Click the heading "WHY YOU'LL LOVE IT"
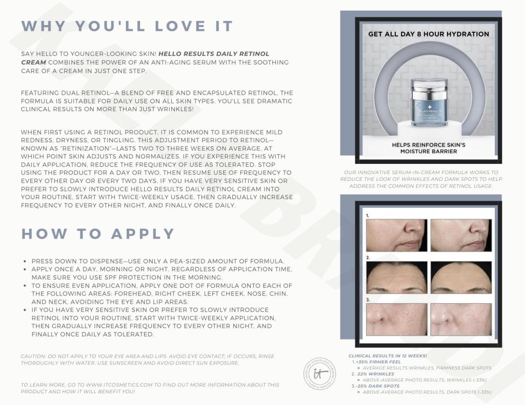pyautogui.click(x=127, y=26)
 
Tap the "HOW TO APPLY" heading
pyautogui.click(x=98, y=234)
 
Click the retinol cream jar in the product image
pyautogui.click(x=430, y=102)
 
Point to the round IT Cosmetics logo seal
pyautogui.click(x=320, y=374)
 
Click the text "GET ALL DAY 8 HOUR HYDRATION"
pyautogui.click(x=429, y=34)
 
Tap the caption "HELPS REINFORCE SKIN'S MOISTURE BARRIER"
pyautogui.click(x=429, y=148)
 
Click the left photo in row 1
pyautogui.click(x=396, y=235)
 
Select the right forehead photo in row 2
pyautogui.click(x=461, y=277)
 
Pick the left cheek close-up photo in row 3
pyautogui.click(x=396, y=319)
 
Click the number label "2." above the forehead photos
pyautogui.click(x=368, y=258)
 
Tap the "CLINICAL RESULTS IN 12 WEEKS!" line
pyautogui.click(x=388, y=356)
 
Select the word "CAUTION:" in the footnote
pyautogui.click(x=33, y=356)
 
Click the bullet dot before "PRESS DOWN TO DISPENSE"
pyautogui.click(x=25, y=261)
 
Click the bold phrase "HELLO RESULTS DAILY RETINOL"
pyautogui.click(x=214, y=54)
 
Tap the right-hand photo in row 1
pyautogui.click(x=461, y=235)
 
